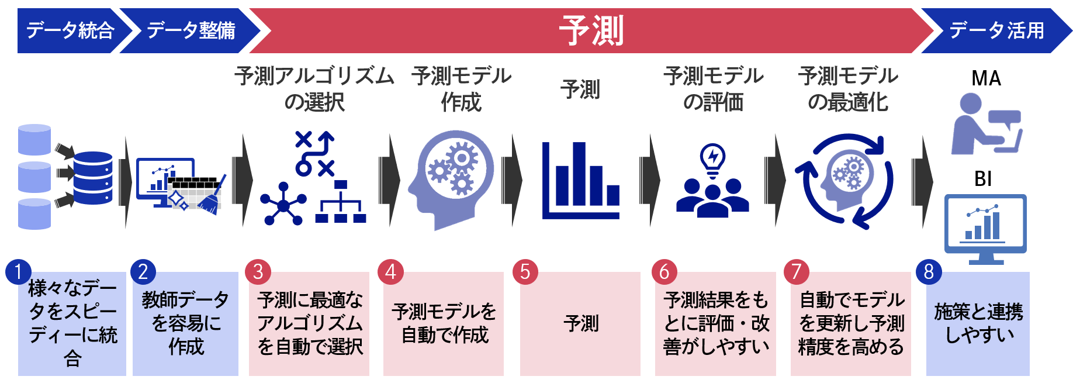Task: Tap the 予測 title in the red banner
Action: pyautogui.click(x=591, y=30)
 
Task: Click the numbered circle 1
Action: pyautogui.click(x=18, y=272)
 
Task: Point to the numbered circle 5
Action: pyautogui.click(x=525, y=272)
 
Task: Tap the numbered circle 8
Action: pyautogui.click(x=929, y=272)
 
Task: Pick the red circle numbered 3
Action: pyautogui.click(x=258, y=272)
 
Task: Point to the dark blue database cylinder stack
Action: pyautogui.click(x=93, y=178)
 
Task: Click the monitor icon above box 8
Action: pyautogui.click(x=985, y=228)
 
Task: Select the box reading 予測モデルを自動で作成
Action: pyautogui.click(x=444, y=323)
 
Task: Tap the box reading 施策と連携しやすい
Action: pyautogui.click(x=978, y=323)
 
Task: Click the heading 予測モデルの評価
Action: pyautogui.click(x=713, y=89)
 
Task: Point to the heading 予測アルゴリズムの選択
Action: pyautogui.click(x=314, y=89)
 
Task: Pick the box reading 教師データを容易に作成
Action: pyautogui.click(x=185, y=323)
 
